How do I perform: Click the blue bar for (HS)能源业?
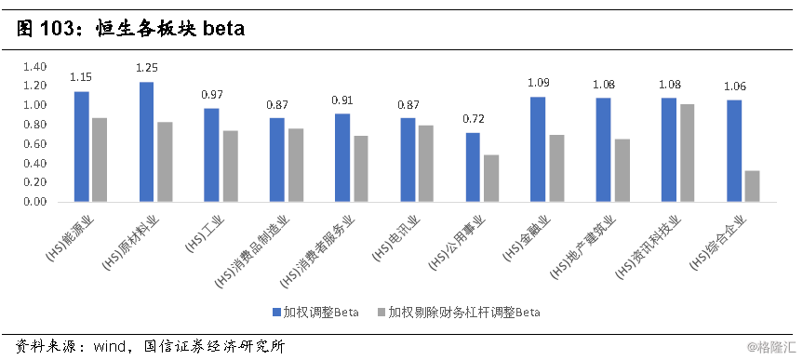pos(82,146)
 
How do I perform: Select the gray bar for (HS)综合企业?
pos(752,186)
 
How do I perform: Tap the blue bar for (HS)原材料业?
pos(147,141)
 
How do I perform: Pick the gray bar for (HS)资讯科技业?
pos(687,153)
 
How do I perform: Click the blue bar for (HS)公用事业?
pos(473,167)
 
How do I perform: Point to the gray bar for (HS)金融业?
pos(556,168)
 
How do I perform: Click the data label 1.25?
pos(147,68)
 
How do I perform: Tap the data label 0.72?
pos(473,119)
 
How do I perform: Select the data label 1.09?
pos(539,83)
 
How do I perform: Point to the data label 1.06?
pos(735,87)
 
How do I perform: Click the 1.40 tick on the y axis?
pos(34,67)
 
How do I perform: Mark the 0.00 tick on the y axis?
pos(34,202)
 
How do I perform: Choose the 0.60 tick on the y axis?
pos(34,144)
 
